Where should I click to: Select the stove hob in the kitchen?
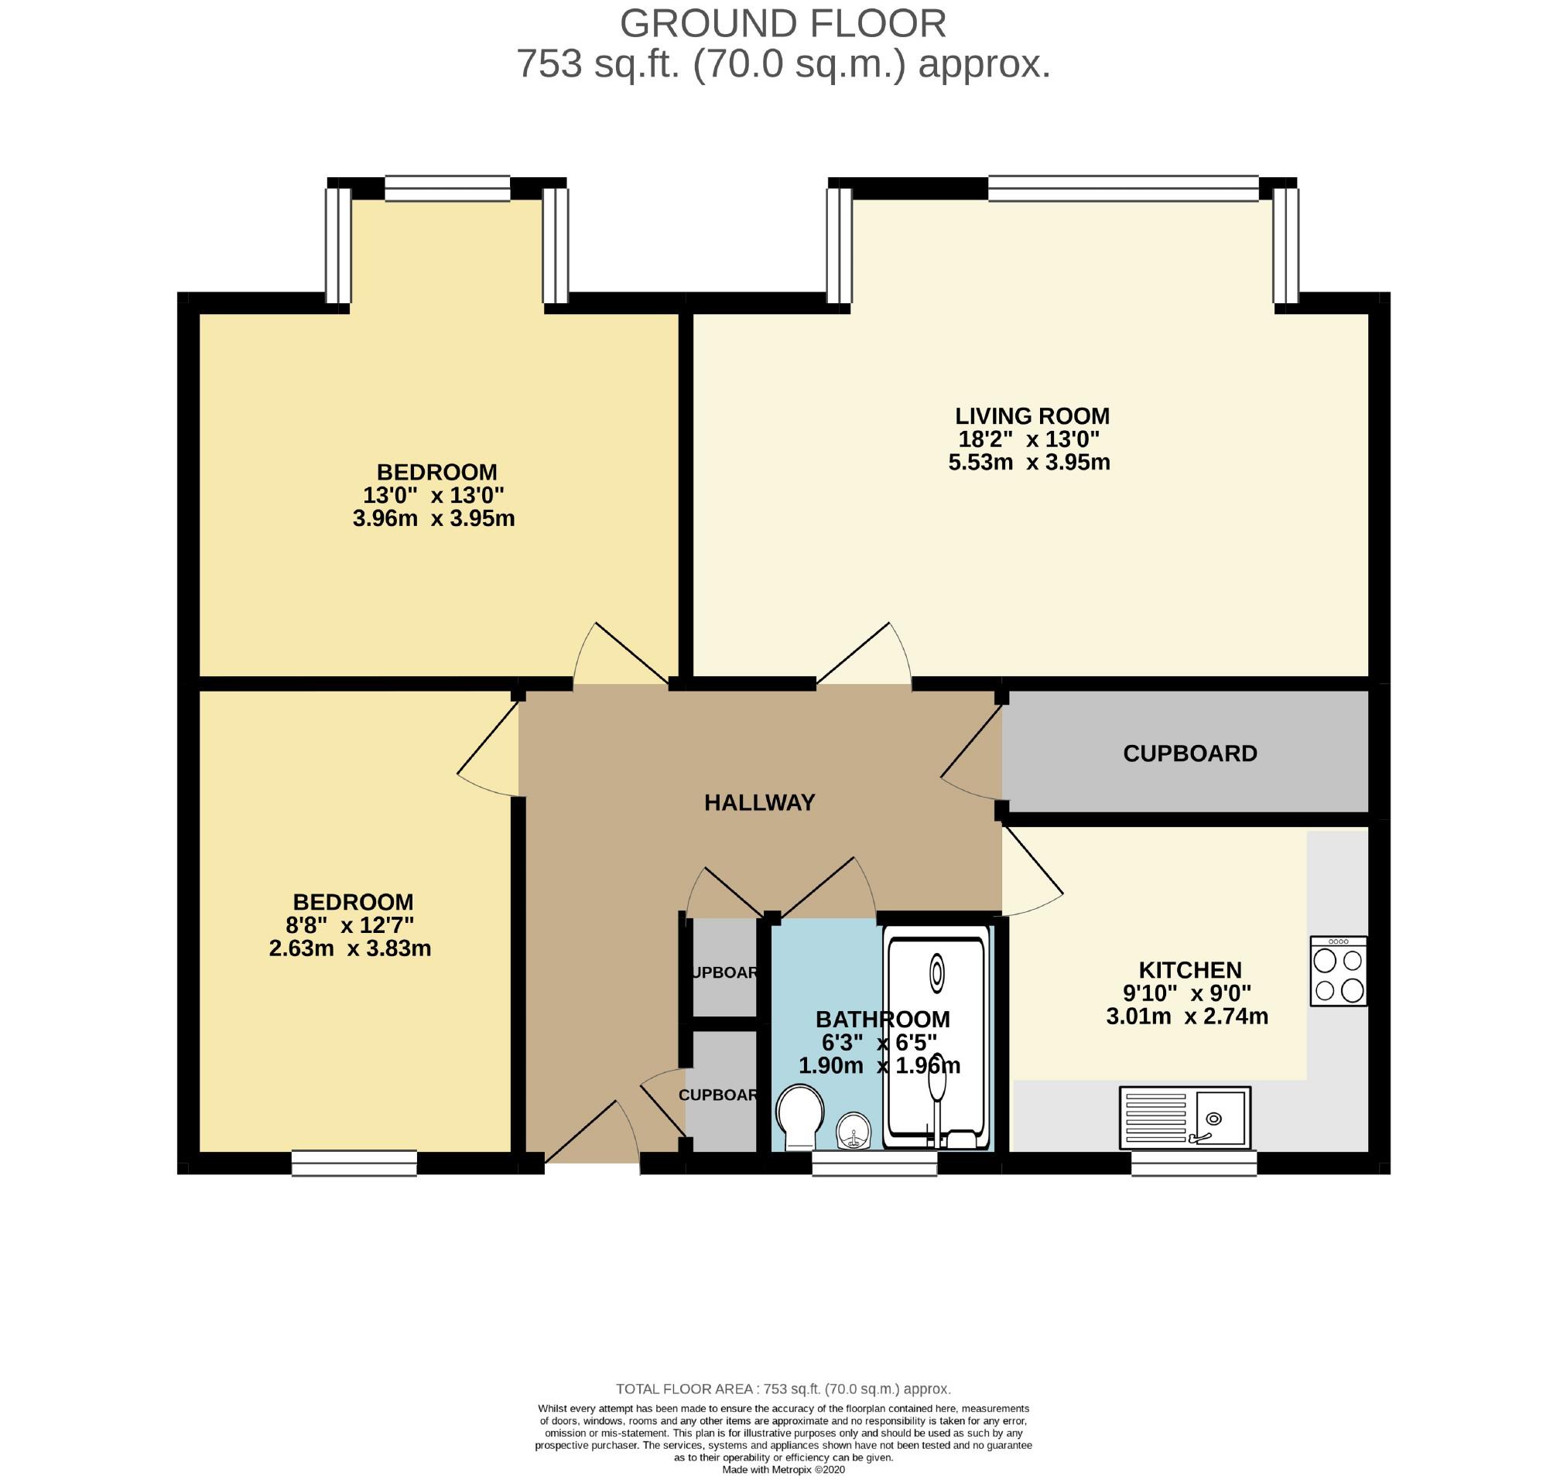point(1338,971)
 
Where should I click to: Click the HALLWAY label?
point(759,802)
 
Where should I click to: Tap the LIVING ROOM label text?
point(1032,415)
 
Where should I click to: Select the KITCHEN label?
point(1189,969)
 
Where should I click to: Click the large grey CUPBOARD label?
point(1189,753)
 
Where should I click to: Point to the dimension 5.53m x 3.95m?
point(1028,462)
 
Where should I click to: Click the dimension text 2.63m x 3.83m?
point(350,948)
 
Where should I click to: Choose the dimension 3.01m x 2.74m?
point(1187,1016)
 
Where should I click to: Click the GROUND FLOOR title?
point(782,24)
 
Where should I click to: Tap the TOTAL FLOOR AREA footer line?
point(782,1389)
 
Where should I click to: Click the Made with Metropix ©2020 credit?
point(782,1470)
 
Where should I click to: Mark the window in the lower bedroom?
point(354,1164)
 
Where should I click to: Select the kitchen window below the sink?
point(1193,1164)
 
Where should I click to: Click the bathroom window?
point(874,1164)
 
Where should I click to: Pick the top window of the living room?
point(1124,188)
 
